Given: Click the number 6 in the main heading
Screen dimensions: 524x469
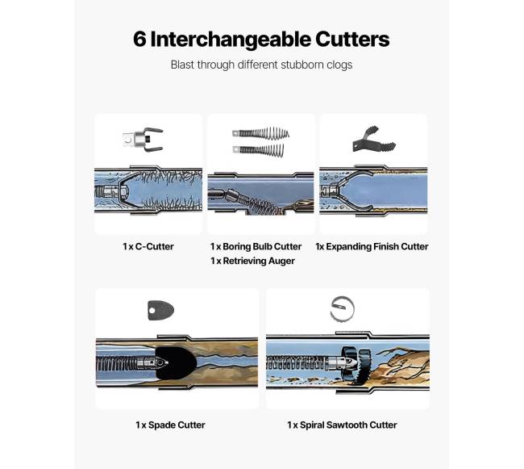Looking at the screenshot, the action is tap(139, 39).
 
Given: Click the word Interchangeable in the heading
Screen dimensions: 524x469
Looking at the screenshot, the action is tap(231, 39).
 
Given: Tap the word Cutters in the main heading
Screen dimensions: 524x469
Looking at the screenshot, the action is tap(352, 39).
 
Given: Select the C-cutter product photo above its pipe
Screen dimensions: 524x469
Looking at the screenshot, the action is tap(143, 139).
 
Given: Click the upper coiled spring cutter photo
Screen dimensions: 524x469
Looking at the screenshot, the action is tap(261, 133).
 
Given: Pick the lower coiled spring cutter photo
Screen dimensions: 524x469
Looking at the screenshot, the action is tap(259, 150).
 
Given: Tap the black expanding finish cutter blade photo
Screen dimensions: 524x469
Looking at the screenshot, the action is tap(374, 140).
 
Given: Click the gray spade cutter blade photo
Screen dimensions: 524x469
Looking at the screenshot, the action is tap(160, 310).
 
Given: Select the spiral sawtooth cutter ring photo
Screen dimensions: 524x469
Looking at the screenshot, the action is tap(342, 309).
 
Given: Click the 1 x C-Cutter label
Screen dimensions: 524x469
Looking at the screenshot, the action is tap(148, 246).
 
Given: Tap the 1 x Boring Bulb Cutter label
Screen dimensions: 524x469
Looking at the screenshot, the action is tap(256, 246).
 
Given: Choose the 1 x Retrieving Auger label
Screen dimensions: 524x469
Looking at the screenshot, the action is tap(252, 261).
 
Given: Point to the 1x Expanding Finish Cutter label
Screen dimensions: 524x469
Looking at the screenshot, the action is tap(372, 246).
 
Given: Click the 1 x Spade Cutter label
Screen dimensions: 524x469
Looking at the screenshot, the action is tap(170, 425).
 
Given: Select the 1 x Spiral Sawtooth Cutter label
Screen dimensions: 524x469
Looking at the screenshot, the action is tap(342, 425).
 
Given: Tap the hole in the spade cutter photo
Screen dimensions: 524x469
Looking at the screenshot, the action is tap(152, 311).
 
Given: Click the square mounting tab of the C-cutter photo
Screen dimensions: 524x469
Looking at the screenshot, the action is tap(128, 139).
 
